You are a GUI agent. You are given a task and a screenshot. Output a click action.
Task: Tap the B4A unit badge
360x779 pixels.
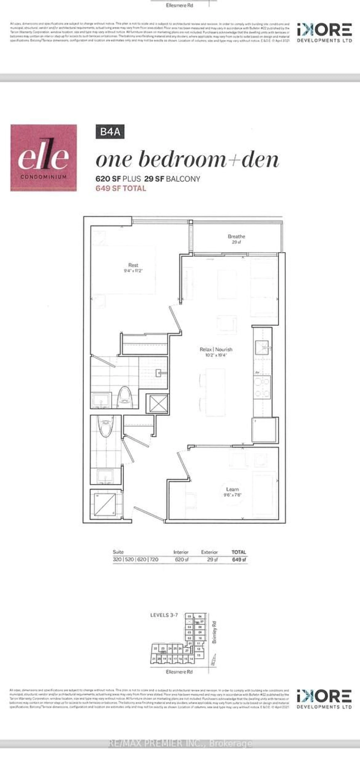[110, 132]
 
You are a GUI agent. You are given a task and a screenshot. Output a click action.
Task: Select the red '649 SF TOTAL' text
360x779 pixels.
[121, 188]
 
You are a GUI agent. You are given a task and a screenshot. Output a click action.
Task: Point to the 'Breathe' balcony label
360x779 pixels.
[236, 237]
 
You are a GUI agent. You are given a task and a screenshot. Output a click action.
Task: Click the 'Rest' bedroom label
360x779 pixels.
[133, 265]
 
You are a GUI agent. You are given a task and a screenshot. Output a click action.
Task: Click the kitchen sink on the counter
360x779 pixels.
[262, 347]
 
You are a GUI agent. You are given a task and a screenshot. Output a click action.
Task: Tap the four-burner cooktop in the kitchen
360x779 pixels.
[262, 387]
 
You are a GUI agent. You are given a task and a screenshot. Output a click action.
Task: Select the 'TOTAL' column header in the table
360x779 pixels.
[239, 552]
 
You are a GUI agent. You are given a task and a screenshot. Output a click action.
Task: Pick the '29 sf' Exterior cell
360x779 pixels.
[212, 559]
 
